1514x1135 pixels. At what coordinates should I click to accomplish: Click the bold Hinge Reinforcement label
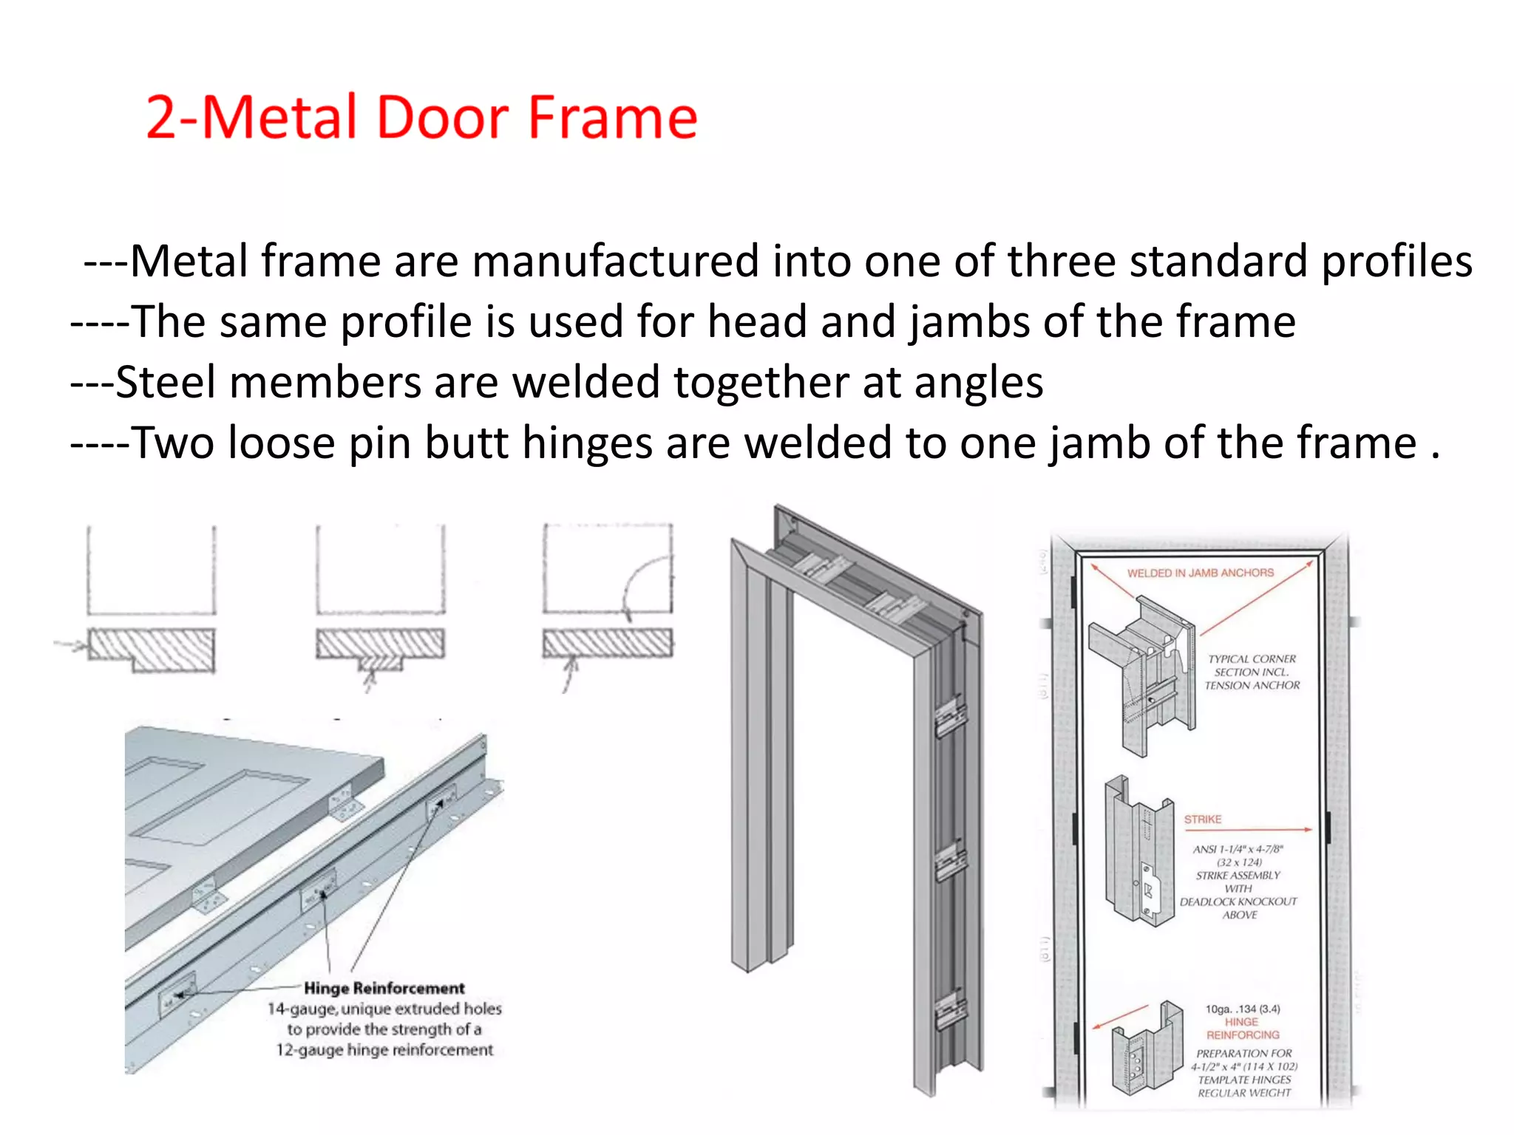pos(384,988)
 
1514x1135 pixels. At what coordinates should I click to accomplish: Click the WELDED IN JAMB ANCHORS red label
pos(1200,573)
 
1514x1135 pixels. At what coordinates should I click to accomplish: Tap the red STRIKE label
pos(1202,819)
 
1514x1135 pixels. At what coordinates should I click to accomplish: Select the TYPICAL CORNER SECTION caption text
pos(1252,672)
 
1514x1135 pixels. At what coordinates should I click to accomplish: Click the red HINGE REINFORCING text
pos(1242,1029)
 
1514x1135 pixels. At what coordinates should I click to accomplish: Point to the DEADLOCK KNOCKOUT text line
pos(1238,901)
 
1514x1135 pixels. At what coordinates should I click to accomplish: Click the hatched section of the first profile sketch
pos(152,648)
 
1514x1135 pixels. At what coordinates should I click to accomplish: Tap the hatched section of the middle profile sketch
pos(380,644)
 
